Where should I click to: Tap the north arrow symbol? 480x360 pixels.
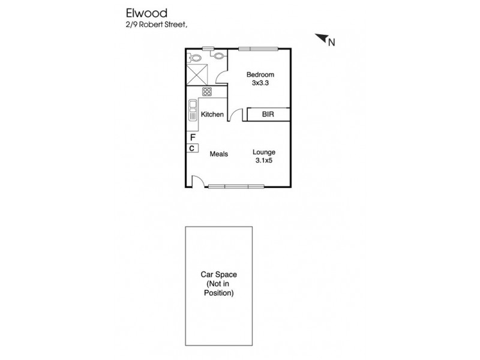pos(321,38)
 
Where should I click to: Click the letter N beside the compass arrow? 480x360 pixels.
pos(331,42)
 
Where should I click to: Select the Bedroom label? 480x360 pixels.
pos(260,75)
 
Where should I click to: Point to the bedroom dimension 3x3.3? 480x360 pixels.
pos(260,83)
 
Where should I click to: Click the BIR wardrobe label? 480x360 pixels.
pos(268,115)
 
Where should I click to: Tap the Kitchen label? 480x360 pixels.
pos(212,115)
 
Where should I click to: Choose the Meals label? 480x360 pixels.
pos(218,154)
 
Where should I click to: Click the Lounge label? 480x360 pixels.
pos(263,152)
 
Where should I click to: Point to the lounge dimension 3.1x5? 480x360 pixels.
pos(263,161)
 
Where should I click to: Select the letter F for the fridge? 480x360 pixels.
pos(192,137)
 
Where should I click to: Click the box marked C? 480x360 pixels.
pos(192,148)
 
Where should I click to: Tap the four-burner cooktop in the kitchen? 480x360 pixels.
pos(207,92)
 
